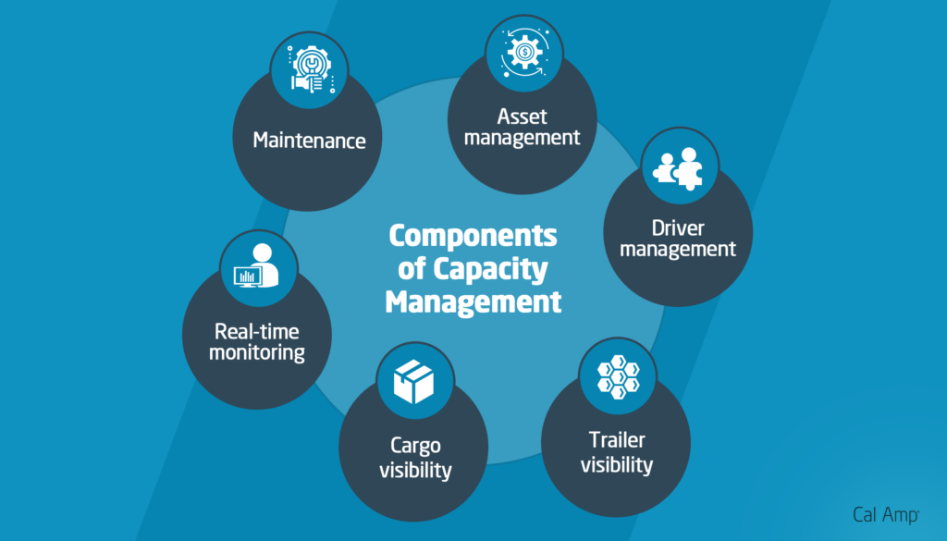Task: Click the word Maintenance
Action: click(310, 141)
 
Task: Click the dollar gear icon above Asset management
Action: click(523, 51)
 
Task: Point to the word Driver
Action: click(677, 227)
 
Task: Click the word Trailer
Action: click(617, 440)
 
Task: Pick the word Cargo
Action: click(415, 447)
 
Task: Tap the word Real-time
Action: click(257, 331)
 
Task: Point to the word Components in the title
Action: click(473, 236)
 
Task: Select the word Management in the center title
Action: click(473, 302)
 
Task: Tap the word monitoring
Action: click(257, 352)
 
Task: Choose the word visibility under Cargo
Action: click(415, 470)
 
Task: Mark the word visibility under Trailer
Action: click(617, 464)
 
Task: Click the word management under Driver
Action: click(677, 249)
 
